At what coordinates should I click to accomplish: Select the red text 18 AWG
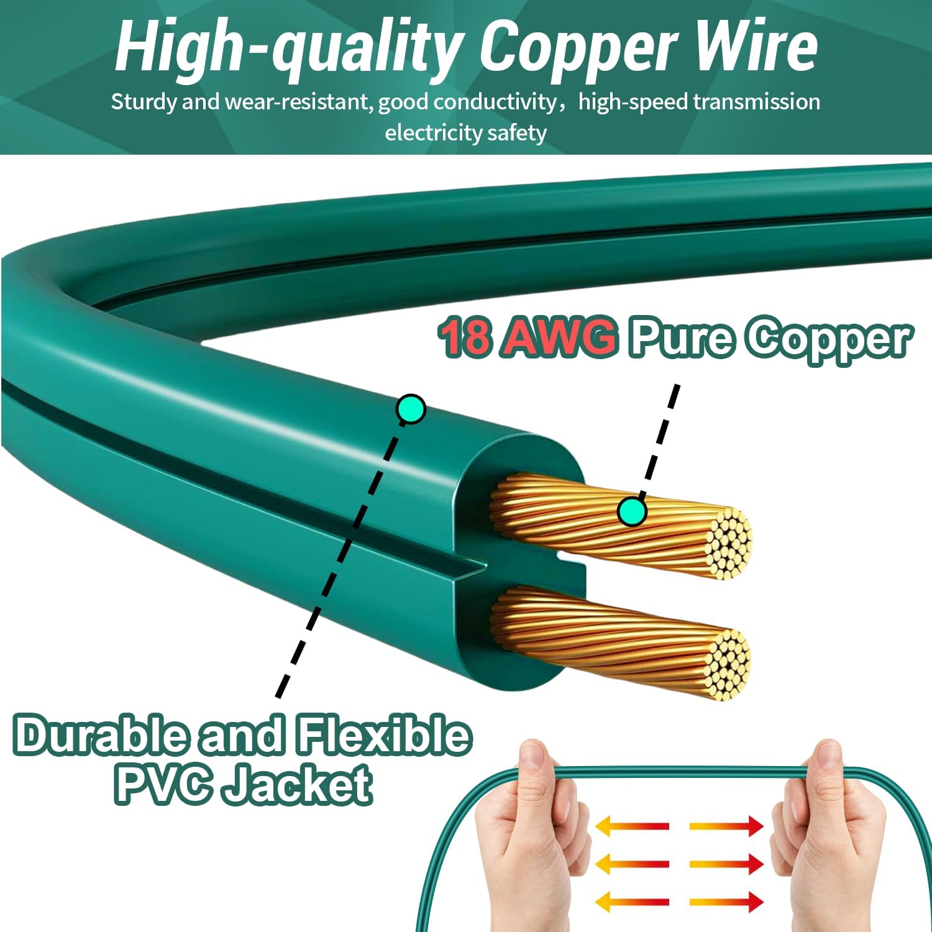528,337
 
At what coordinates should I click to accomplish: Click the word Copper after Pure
829,340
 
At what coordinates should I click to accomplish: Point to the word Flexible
383,736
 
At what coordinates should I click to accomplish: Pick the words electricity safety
465,133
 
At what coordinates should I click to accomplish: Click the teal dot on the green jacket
411,409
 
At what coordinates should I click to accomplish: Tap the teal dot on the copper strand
633,511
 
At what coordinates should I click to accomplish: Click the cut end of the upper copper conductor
731,544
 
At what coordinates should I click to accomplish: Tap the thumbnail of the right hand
828,762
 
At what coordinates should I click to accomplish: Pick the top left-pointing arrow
632,826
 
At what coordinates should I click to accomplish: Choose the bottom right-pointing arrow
726,902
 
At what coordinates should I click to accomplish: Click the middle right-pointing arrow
726,864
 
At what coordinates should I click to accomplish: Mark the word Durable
101,736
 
